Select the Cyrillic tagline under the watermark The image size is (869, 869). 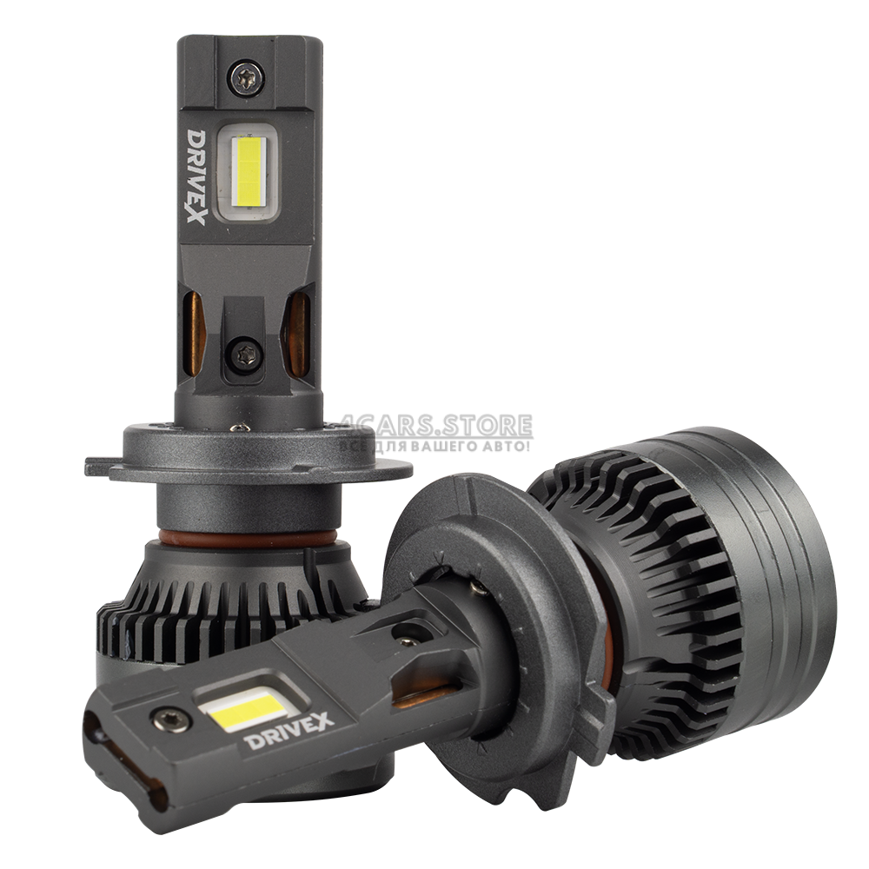tap(435, 446)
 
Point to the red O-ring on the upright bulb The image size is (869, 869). tap(244, 536)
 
